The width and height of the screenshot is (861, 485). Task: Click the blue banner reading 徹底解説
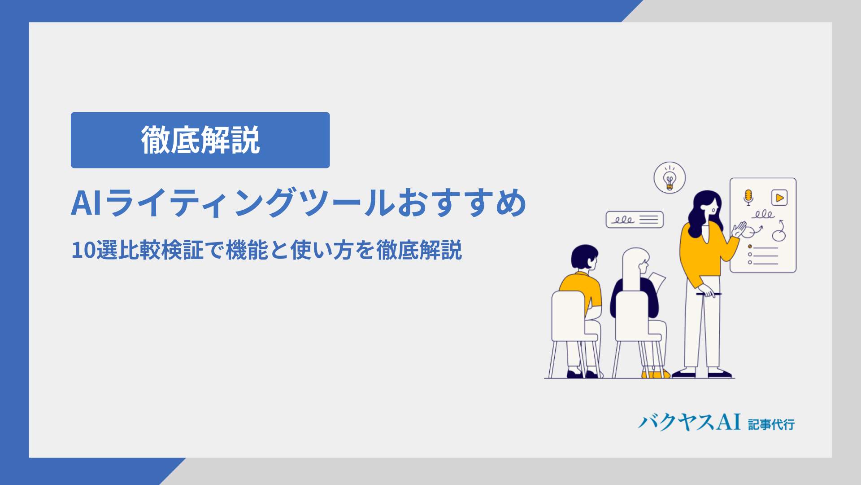click(x=200, y=140)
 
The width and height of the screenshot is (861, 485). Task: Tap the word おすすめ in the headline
click(x=462, y=203)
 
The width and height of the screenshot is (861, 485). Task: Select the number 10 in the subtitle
click(x=83, y=251)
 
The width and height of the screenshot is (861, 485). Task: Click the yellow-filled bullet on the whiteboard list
click(x=750, y=247)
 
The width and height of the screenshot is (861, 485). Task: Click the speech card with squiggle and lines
click(x=635, y=220)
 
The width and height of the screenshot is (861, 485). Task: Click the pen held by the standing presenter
click(x=709, y=294)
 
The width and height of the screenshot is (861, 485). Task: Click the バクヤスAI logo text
click(x=689, y=423)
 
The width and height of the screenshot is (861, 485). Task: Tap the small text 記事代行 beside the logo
click(x=771, y=424)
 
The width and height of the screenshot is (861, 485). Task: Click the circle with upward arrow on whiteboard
click(x=779, y=232)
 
